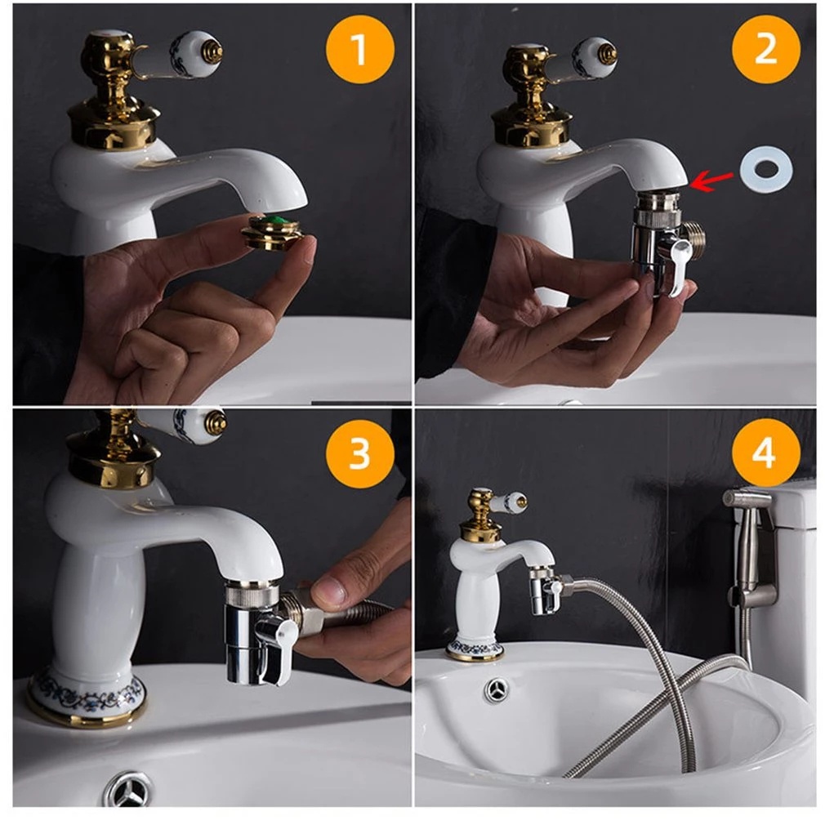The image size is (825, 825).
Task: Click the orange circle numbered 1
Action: [x=360, y=50]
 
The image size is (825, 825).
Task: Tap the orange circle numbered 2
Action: [x=765, y=50]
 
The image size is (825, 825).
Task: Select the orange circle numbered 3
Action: [x=360, y=453]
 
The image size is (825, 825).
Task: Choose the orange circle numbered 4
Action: [x=765, y=453]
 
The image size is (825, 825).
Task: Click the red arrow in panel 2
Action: [x=711, y=181]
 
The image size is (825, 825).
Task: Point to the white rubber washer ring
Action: [x=766, y=169]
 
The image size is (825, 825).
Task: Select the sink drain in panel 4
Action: [x=497, y=689]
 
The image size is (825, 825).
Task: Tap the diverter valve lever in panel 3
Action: [x=277, y=649]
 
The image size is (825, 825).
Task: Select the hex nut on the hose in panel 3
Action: [x=295, y=609]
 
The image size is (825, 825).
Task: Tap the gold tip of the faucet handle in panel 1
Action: [x=212, y=51]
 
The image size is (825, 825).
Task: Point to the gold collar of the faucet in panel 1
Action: [x=114, y=125]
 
